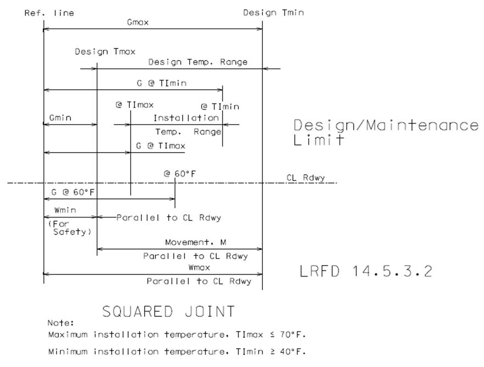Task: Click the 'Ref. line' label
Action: coord(50,13)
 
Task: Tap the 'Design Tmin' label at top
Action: coord(273,13)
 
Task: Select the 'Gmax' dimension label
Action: coord(137,22)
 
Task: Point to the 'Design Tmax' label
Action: coord(105,51)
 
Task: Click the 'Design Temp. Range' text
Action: coord(198,62)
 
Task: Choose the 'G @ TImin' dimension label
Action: coord(162,83)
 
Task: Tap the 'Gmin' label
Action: coord(60,118)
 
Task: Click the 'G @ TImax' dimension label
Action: coord(161,145)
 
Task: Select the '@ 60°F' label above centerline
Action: coord(180,174)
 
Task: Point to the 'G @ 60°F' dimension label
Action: coord(73,192)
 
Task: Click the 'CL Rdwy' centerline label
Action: coord(306,178)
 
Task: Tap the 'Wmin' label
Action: coord(65,211)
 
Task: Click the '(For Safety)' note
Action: coord(70,228)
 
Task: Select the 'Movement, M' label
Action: coord(196,242)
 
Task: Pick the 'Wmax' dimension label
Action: coord(199,267)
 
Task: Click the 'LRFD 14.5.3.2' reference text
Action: coord(366,271)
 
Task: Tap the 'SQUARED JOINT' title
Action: coord(168,311)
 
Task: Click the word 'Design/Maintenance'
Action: coord(386,125)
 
